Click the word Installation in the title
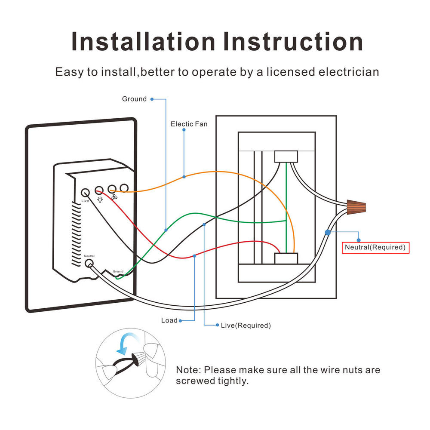click(143, 42)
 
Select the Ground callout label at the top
click(134, 99)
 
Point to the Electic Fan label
click(189, 124)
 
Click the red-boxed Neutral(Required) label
click(375, 248)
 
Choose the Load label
click(169, 320)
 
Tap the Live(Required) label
click(246, 326)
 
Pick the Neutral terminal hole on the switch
click(89, 264)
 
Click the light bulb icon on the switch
click(100, 200)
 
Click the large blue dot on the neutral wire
click(328, 232)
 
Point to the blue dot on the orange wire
click(184, 177)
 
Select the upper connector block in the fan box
click(286, 156)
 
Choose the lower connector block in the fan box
click(286, 258)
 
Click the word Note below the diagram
click(188, 370)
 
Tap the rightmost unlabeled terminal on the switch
click(124, 188)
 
